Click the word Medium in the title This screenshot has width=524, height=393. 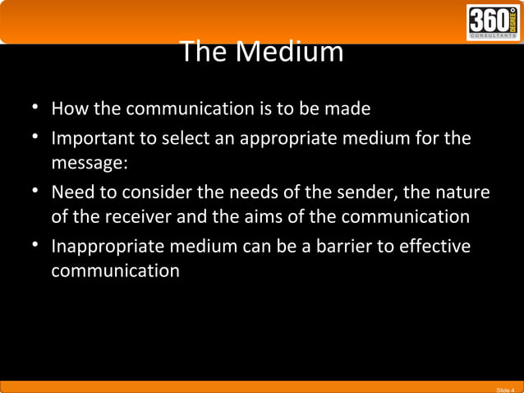289,53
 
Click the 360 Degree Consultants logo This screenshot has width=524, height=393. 493,22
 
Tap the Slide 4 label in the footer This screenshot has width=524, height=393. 506,388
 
